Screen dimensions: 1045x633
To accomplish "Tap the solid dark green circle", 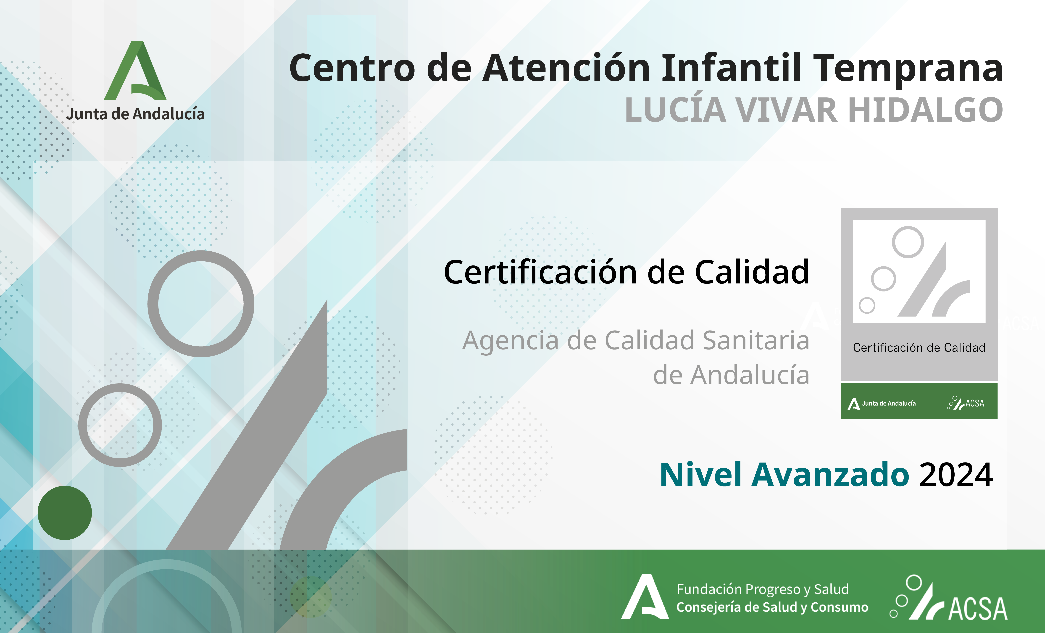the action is click(65, 513).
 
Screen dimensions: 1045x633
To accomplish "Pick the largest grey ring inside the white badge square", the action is click(908, 242).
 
